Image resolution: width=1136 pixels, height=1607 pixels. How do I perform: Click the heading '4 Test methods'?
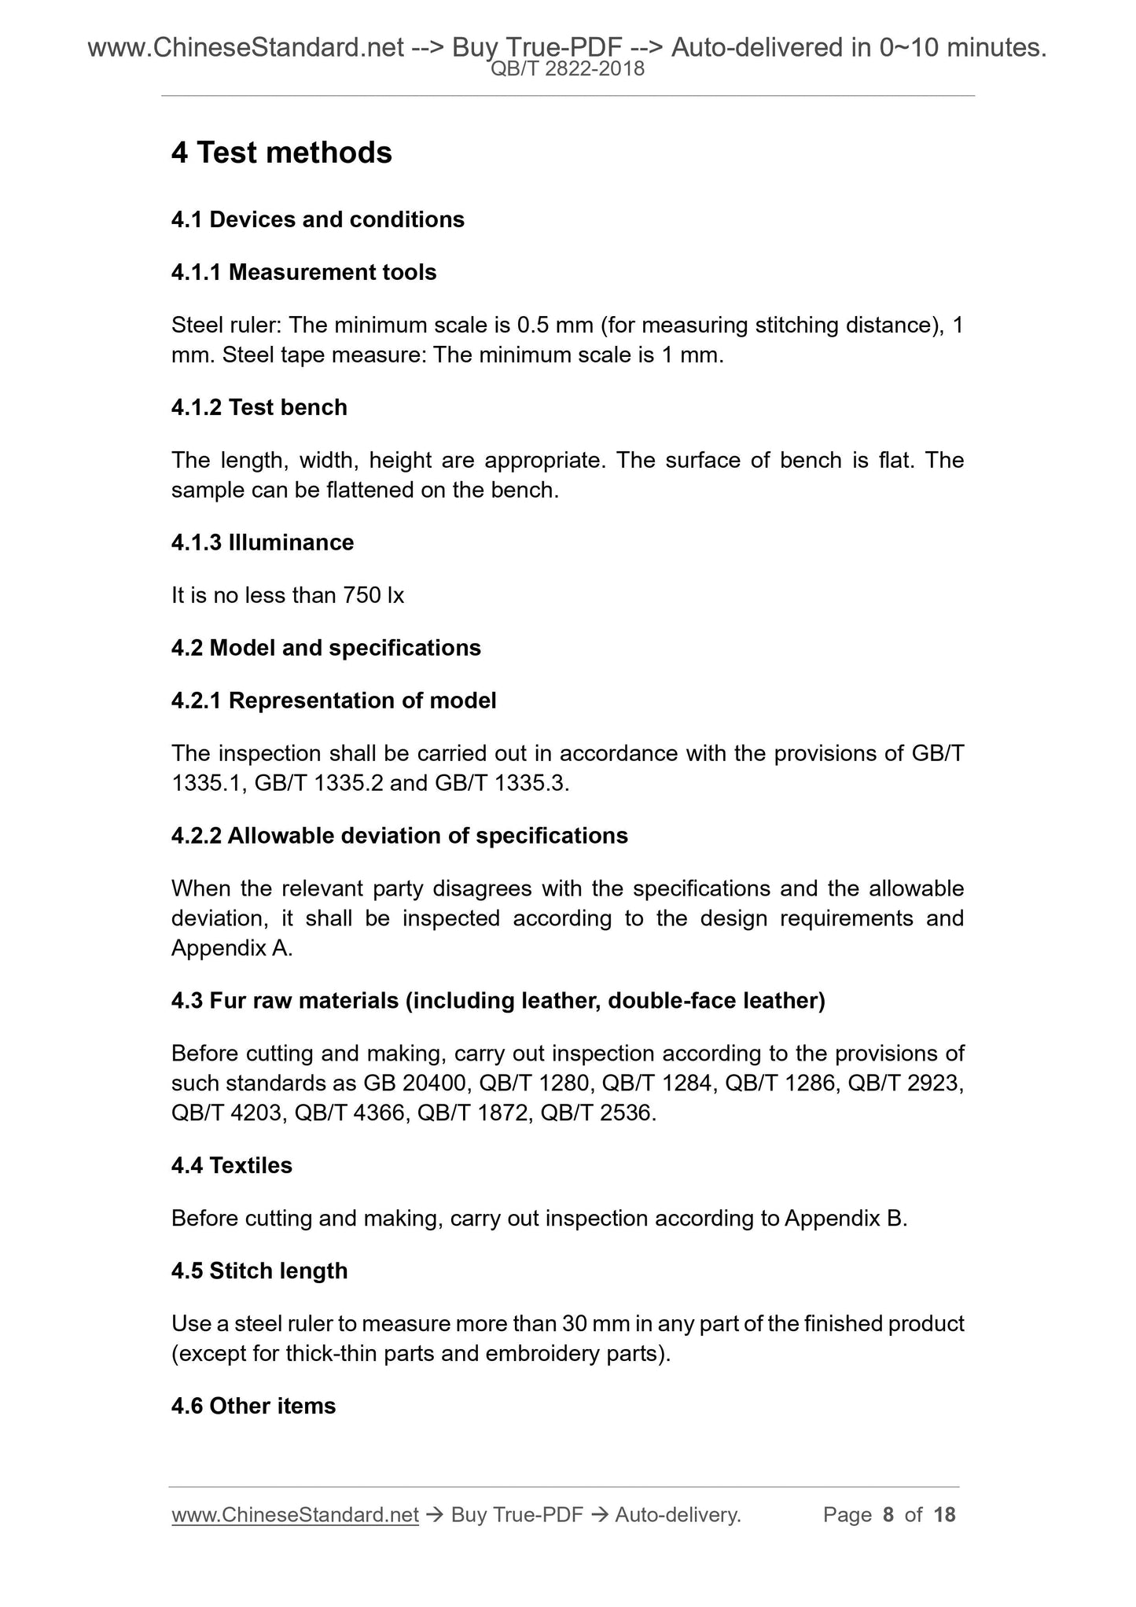[x=281, y=153]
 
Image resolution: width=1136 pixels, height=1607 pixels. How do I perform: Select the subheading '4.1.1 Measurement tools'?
[x=303, y=272]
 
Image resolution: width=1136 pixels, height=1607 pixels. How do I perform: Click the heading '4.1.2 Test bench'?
[x=259, y=407]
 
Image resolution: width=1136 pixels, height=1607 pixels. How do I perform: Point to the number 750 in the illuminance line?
[x=362, y=595]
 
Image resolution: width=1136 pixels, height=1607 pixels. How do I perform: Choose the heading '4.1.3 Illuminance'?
[x=263, y=542]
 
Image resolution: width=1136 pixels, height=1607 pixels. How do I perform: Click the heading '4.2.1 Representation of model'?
[x=333, y=701]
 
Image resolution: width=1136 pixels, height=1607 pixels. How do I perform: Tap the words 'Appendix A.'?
[x=232, y=948]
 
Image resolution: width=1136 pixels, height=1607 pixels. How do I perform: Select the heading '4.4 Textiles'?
[x=231, y=1165]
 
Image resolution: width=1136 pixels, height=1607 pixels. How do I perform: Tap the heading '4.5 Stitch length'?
[x=259, y=1271]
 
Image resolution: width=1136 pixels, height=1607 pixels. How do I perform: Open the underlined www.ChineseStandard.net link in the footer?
[x=295, y=1515]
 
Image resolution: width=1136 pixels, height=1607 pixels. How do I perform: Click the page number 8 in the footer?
[x=888, y=1515]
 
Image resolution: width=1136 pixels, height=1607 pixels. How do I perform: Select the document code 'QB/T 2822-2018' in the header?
[x=568, y=69]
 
